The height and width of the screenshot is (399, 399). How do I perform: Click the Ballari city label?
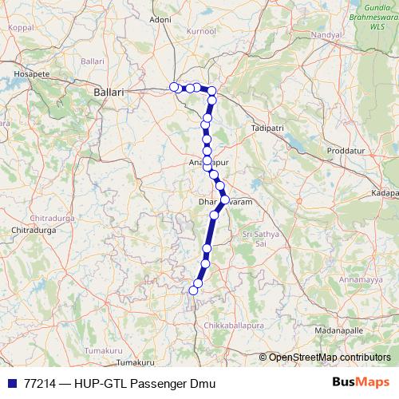tap(109, 93)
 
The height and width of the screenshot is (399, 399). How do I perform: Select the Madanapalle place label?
tap(339, 330)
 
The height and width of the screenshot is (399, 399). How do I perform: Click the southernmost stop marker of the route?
tap(192, 290)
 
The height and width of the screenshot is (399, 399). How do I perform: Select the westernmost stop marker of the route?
tap(174, 87)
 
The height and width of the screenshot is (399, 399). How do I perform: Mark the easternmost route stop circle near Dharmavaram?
tap(224, 199)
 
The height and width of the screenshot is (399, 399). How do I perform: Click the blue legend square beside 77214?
tap(11, 383)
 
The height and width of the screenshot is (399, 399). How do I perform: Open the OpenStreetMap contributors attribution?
tap(330, 358)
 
